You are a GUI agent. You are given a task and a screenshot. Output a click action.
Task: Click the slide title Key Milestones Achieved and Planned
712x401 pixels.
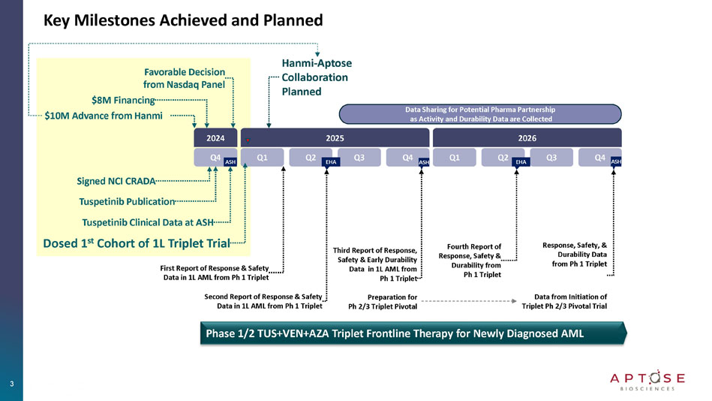point(183,20)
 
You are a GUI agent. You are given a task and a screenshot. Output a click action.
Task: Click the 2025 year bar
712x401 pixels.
point(334,139)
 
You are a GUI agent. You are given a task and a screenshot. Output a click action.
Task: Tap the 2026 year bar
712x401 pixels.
point(527,139)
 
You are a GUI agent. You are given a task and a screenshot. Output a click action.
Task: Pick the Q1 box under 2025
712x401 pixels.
point(263,158)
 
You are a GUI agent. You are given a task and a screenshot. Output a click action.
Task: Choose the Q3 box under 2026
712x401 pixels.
point(551,158)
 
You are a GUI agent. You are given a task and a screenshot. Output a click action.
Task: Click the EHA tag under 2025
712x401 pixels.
point(331,161)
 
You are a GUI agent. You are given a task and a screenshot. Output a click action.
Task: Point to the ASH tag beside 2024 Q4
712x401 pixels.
point(230,161)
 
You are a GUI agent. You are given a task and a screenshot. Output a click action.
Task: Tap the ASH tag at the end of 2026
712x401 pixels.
point(616,161)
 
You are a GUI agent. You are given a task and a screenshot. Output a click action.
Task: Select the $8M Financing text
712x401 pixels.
point(122,99)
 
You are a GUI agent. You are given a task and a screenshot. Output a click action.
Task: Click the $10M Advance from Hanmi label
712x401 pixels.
point(104,116)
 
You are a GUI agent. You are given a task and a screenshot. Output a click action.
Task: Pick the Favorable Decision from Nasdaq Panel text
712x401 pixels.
point(184,78)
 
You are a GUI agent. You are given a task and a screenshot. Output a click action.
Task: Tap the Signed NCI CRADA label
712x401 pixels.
point(116,181)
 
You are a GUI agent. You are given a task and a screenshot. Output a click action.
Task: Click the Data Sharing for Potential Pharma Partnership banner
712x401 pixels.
point(480,113)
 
